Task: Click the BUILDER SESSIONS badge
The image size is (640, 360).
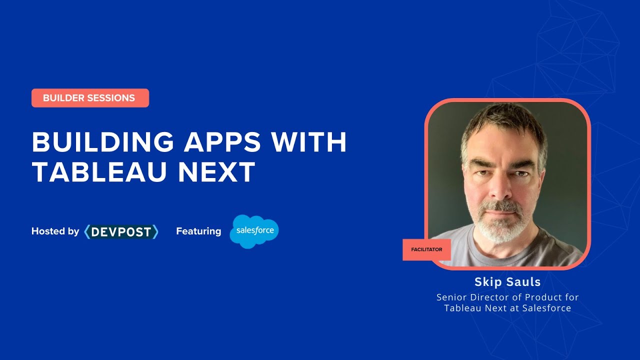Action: (x=90, y=98)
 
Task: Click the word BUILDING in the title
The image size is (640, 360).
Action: (x=102, y=142)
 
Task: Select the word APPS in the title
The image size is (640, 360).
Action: (x=222, y=142)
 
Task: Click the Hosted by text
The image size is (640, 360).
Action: (x=55, y=231)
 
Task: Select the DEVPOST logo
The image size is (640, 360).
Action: (x=121, y=232)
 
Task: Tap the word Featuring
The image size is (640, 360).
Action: (x=198, y=231)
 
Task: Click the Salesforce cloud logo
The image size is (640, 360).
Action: (x=254, y=231)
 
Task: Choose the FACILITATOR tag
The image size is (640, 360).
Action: (x=426, y=249)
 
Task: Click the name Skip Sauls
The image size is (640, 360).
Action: (x=507, y=282)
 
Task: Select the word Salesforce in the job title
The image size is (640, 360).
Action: (x=546, y=308)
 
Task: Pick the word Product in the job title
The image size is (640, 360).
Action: (x=542, y=297)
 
